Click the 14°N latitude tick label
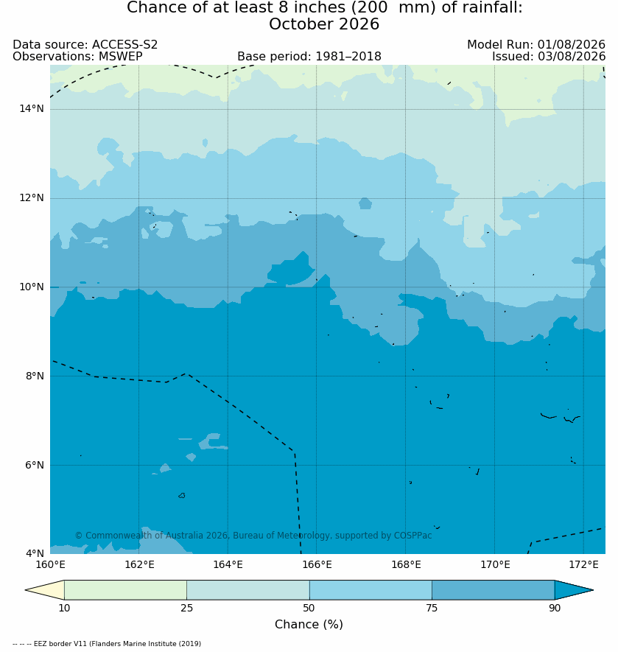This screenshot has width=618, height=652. tap(31, 109)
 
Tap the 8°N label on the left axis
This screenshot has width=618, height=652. tap(34, 376)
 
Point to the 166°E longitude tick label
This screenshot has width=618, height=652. tap(317, 564)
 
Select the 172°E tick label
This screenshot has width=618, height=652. tap(583, 564)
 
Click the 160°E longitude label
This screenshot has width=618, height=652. tap(50, 564)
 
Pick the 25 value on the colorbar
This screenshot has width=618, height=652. tap(187, 608)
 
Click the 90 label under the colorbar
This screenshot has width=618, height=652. tap(555, 608)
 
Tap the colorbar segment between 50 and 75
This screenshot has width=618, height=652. tap(371, 589)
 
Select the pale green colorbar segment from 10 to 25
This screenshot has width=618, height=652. tap(126, 589)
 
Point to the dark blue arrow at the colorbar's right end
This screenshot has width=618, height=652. tap(572, 589)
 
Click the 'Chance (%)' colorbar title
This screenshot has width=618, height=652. tap(309, 624)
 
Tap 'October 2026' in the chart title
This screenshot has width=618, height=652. tap(324, 24)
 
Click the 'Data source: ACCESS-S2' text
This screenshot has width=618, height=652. tap(85, 44)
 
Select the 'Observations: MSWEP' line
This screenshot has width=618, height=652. tap(78, 56)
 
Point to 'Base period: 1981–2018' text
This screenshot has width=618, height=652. tap(309, 56)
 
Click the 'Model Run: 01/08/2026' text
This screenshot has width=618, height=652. tap(536, 44)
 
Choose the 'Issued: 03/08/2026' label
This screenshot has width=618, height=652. tap(549, 56)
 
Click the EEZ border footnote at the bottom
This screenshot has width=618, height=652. tap(107, 644)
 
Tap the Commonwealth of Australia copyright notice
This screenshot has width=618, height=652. tap(253, 535)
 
